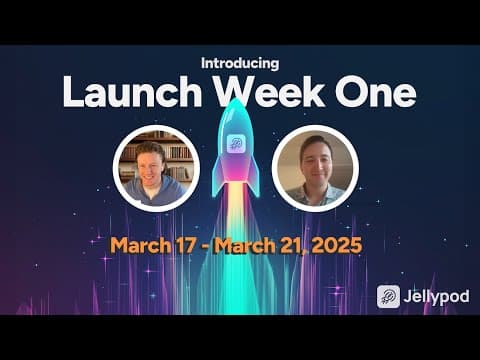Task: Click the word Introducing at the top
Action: pyautogui.click(x=240, y=63)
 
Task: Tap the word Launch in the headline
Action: pyautogui.click(x=132, y=92)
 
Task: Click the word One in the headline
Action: pyautogui.click(x=376, y=92)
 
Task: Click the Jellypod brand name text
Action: pyautogui.click(x=436, y=297)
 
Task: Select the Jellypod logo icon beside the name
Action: pyautogui.click(x=388, y=296)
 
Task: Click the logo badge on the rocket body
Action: pyautogui.click(x=236, y=144)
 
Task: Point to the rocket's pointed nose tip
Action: pyautogui.click(x=236, y=99)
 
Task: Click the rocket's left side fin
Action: pyautogui.click(x=217, y=177)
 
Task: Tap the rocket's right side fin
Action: pyautogui.click(x=254, y=177)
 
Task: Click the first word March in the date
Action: pyautogui.click(x=140, y=246)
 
